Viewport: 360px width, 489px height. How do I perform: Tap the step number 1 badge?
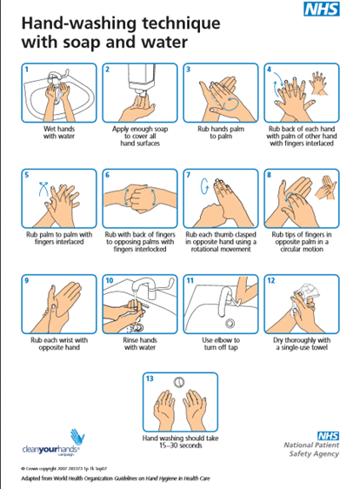27,69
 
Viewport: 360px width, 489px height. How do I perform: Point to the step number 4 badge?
270,69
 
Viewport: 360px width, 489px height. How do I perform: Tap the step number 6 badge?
108,174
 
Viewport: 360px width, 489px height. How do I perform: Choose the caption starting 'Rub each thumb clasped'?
219,244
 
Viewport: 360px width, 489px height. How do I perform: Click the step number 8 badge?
270,174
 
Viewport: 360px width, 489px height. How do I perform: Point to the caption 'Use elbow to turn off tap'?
219,344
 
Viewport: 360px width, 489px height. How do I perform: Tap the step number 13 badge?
149,378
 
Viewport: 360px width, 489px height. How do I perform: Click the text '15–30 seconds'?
179,446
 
